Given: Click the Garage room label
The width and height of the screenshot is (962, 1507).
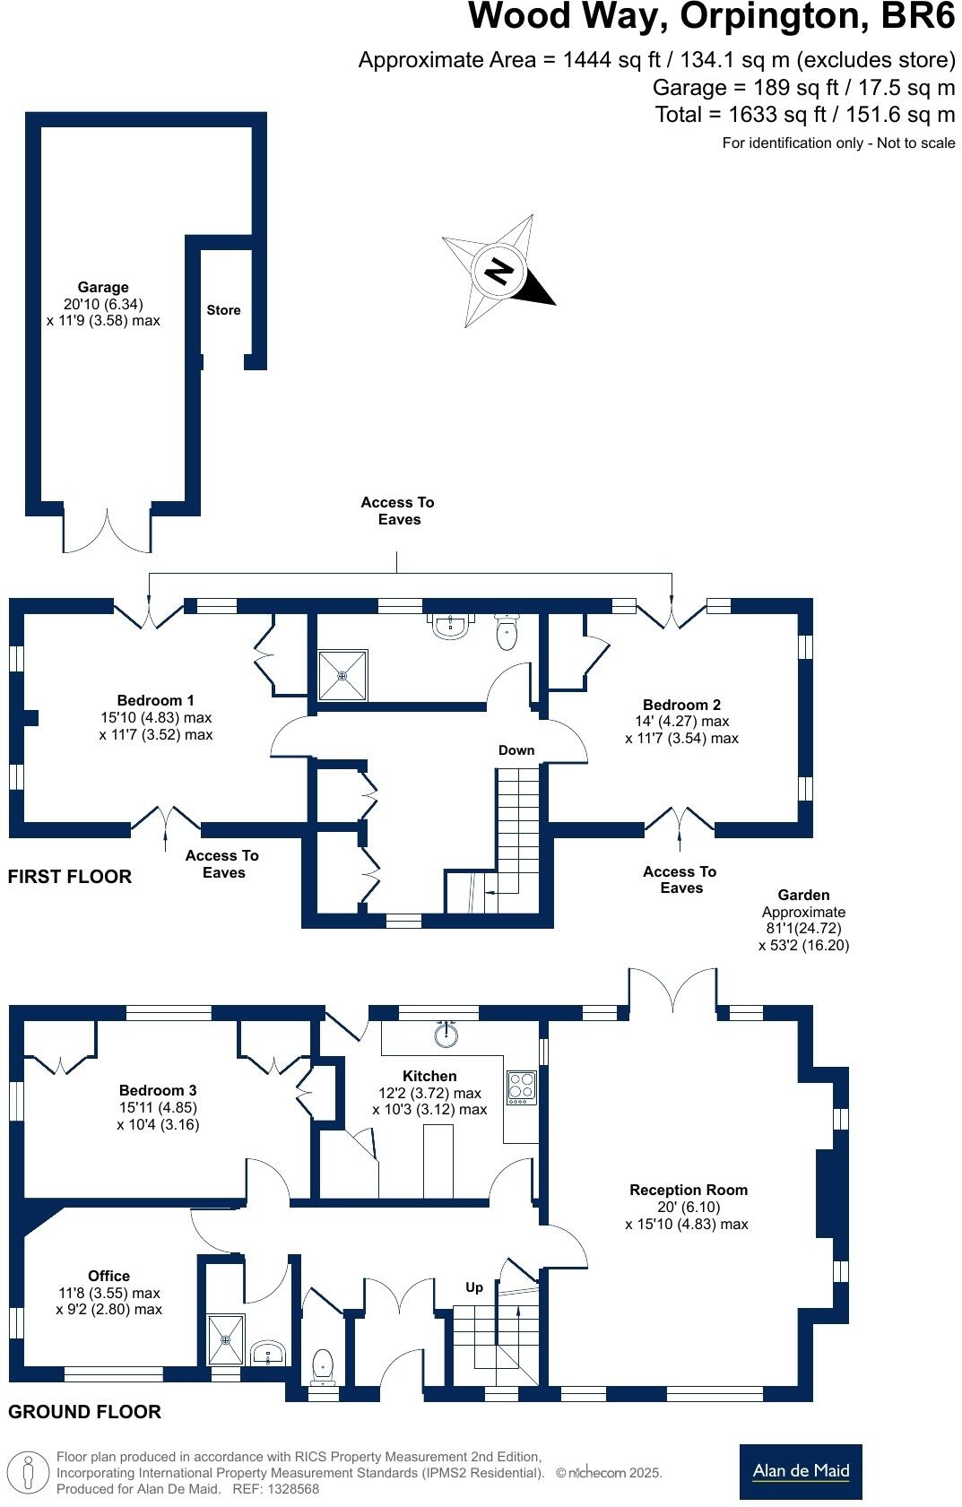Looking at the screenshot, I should point(102,288).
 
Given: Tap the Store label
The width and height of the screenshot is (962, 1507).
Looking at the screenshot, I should point(223,310).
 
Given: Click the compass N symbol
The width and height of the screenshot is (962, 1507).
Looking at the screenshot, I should point(498,270).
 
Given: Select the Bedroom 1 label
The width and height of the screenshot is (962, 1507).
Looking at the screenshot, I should point(155,700).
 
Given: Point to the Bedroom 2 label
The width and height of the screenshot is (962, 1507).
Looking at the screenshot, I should point(681,705).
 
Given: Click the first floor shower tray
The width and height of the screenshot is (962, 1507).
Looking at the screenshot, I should point(342,674).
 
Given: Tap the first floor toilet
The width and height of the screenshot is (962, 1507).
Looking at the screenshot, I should point(507,633).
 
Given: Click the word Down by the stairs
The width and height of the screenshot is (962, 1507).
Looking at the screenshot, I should point(516,750).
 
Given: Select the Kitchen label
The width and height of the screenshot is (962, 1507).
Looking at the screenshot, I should point(429,1076).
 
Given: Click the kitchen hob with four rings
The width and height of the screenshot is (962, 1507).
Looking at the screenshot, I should point(521,1087).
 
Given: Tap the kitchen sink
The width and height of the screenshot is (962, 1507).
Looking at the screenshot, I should point(446,1036).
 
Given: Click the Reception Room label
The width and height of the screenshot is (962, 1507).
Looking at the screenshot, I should point(688,1190).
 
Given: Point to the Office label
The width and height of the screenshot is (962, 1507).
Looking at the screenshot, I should point(108,1276).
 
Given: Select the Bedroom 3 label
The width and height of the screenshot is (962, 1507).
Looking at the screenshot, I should point(158,1090).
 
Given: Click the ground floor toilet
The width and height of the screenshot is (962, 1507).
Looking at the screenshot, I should point(323,1367).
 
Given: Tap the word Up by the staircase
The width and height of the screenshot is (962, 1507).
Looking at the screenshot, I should point(474,1287).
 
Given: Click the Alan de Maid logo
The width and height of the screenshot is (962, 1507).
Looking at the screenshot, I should point(800,1471).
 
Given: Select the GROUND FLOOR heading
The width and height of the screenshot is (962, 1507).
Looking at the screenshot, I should point(84,1412).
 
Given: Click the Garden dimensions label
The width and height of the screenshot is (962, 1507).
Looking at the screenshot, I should point(803,920).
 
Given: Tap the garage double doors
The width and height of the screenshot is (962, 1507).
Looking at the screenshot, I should point(108,532).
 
